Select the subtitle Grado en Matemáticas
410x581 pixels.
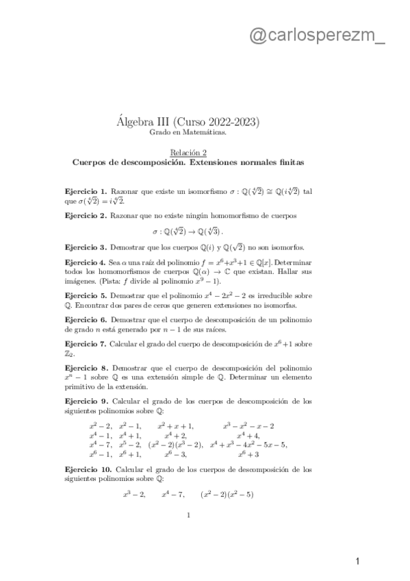pyautogui.click(x=188, y=133)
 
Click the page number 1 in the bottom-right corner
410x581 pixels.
pyautogui.click(x=357, y=562)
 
